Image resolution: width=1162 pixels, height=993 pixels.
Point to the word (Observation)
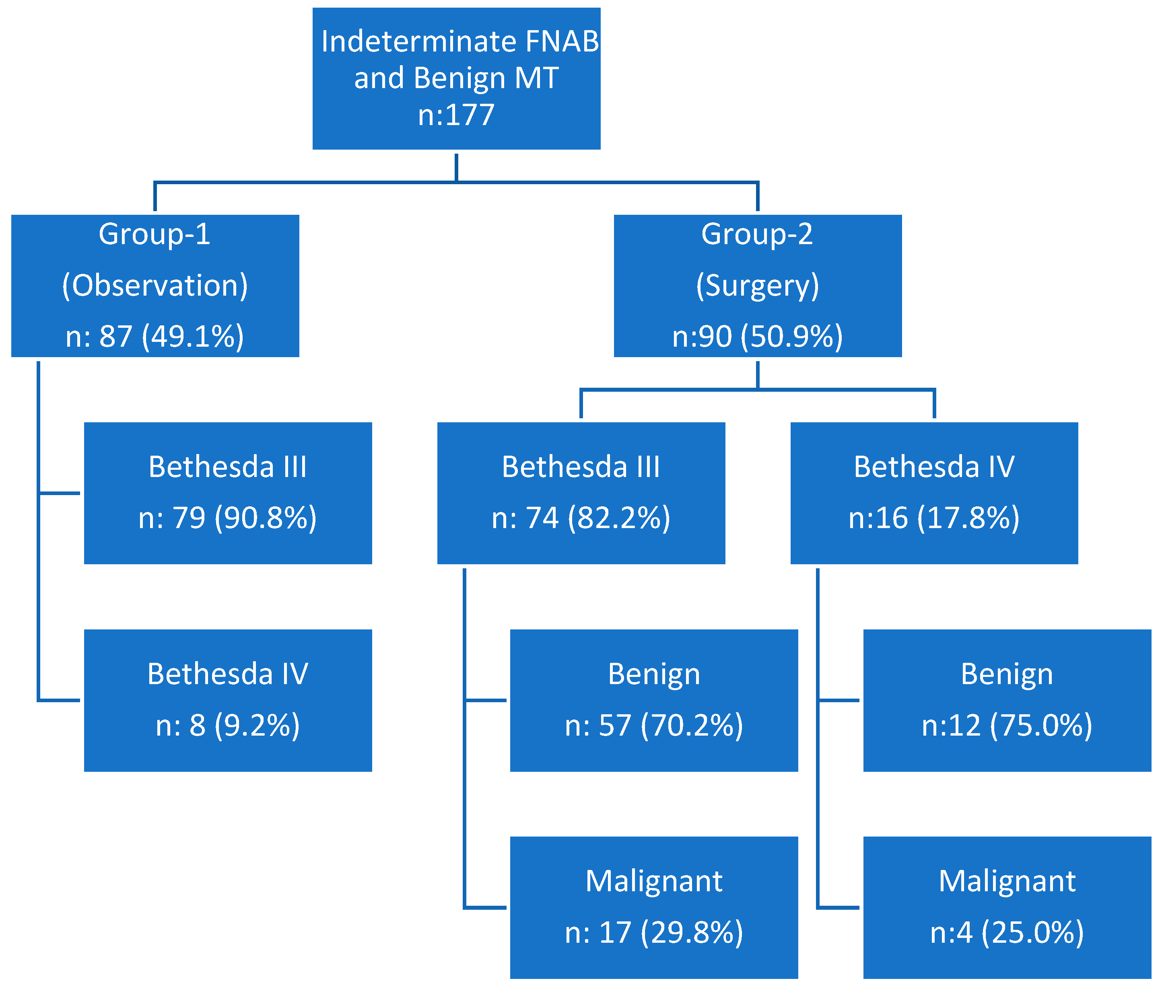[155, 286]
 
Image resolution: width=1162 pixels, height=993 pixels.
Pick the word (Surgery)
[757, 286]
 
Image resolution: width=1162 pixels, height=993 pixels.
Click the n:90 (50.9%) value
[757, 336]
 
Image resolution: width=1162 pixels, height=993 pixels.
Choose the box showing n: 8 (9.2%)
[228, 700]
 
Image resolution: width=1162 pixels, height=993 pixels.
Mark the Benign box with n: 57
[654, 700]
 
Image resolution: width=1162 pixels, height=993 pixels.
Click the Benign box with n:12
[1007, 700]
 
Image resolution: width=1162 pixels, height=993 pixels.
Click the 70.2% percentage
[692, 726]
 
